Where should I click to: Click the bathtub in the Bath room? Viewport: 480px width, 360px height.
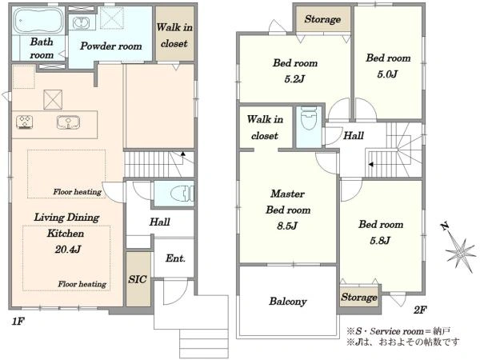(x=38, y=20)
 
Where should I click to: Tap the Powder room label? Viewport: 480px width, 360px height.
(x=111, y=46)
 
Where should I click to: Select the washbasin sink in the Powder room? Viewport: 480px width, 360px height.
(x=82, y=23)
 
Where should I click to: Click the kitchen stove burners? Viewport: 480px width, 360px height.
(x=25, y=122)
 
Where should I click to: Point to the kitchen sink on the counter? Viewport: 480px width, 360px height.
(x=68, y=122)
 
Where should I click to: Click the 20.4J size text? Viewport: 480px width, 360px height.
(x=68, y=250)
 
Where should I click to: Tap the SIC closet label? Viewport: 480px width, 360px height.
(x=137, y=279)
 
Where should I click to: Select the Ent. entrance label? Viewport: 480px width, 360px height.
(x=175, y=258)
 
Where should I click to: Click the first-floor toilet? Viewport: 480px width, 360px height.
(x=182, y=194)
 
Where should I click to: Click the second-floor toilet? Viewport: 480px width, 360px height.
(x=310, y=118)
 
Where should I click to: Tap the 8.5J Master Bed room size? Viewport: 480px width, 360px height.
(x=287, y=226)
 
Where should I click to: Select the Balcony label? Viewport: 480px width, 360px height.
(x=288, y=302)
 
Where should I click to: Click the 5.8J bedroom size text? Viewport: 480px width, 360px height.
(x=380, y=241)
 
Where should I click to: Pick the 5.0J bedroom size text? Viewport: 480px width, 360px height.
(x=387, y=74)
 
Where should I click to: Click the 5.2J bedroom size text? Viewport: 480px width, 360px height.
(x=294, y=79)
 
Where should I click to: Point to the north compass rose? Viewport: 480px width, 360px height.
(x=459, y=250)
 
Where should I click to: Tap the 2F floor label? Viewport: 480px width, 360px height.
(x=420, y=310)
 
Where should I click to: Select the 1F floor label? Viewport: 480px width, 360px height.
(x=18, y=322)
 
